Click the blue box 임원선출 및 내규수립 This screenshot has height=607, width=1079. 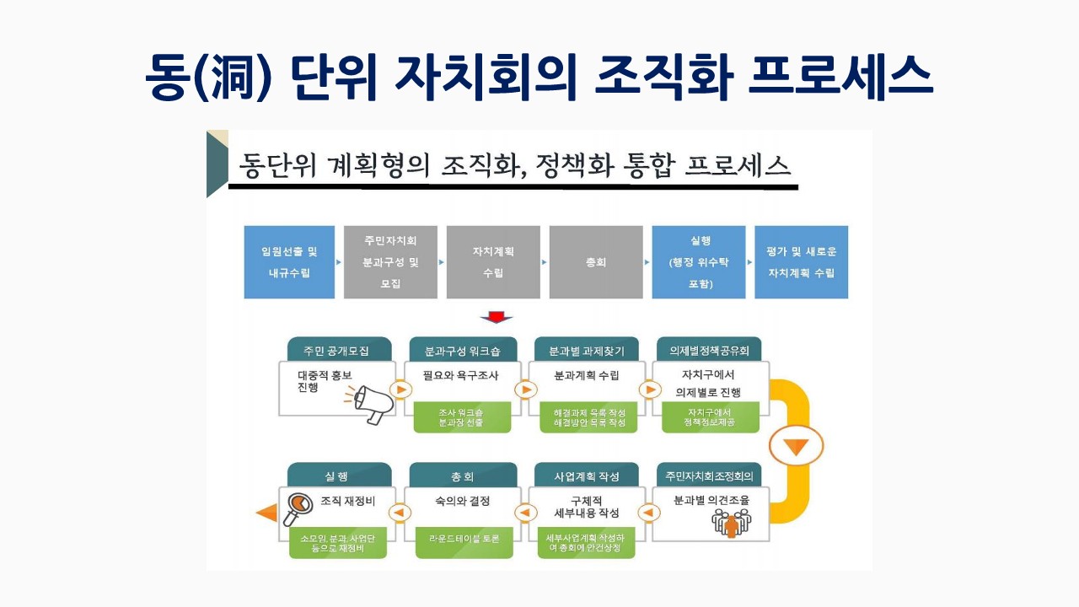(290, 262)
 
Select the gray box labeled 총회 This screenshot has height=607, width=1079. (595, 262)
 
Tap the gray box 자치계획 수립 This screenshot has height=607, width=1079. (493, 262)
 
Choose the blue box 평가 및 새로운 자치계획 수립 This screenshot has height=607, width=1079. (801, 262)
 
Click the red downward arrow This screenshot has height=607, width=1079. (497, 318)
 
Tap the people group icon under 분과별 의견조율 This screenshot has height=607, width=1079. (731, 523)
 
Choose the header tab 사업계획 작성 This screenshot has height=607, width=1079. (587, 476)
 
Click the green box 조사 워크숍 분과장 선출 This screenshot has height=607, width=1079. (462, 417)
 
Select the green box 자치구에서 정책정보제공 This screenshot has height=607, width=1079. (711, 416)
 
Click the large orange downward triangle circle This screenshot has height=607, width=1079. (796, 448)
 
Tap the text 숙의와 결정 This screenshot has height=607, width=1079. (462, 501)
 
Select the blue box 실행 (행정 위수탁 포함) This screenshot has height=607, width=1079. (699, 262)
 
